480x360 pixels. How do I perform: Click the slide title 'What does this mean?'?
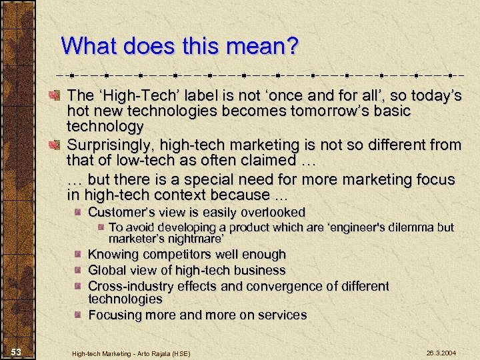click(180, 46)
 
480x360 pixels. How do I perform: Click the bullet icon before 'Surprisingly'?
click(58, 144)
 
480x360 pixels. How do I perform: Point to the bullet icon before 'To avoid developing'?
click(101, 227)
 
